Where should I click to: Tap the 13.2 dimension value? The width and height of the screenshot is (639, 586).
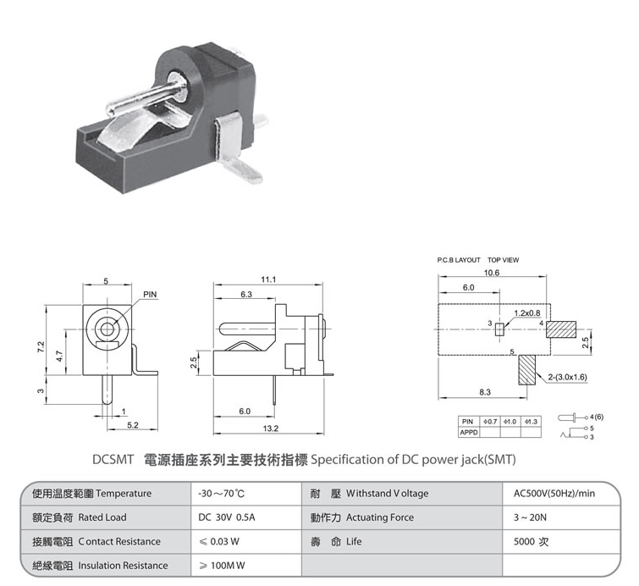click(x=270, y=428)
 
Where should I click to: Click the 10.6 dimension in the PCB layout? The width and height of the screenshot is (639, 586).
click(x=492, y=273)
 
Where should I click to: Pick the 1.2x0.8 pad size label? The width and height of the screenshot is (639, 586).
click(x=526, y=312)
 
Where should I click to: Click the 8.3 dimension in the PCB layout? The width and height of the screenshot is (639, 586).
click(x=485, y=392)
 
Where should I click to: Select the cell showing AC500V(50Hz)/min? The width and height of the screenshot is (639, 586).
click(x=554, y=494)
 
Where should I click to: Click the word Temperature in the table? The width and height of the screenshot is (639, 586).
click(x=124, y=494)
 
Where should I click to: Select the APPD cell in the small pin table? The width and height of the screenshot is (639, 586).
click(x=469, y=432)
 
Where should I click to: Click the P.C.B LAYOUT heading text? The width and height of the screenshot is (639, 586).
click(x=459, y=260)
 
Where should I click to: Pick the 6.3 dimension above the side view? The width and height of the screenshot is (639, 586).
click(x=246, y=294)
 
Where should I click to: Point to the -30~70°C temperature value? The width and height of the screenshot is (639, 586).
click(x=221, y=494)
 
